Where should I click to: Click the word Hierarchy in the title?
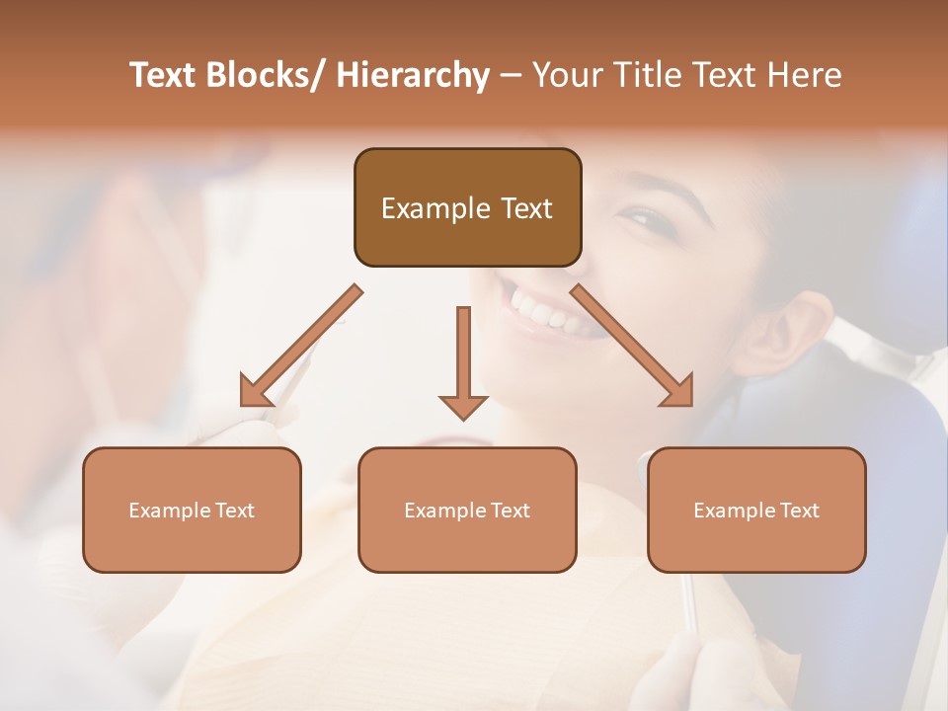click(413, 75)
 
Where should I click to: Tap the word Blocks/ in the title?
click(269, 75)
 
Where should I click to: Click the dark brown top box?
click(467, 207)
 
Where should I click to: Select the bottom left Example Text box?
click(192, 511)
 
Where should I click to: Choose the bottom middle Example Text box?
click(467, 511)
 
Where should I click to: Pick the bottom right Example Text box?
click(756, 511)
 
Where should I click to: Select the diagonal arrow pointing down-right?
click(633, 347)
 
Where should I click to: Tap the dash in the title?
click(511, 75)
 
